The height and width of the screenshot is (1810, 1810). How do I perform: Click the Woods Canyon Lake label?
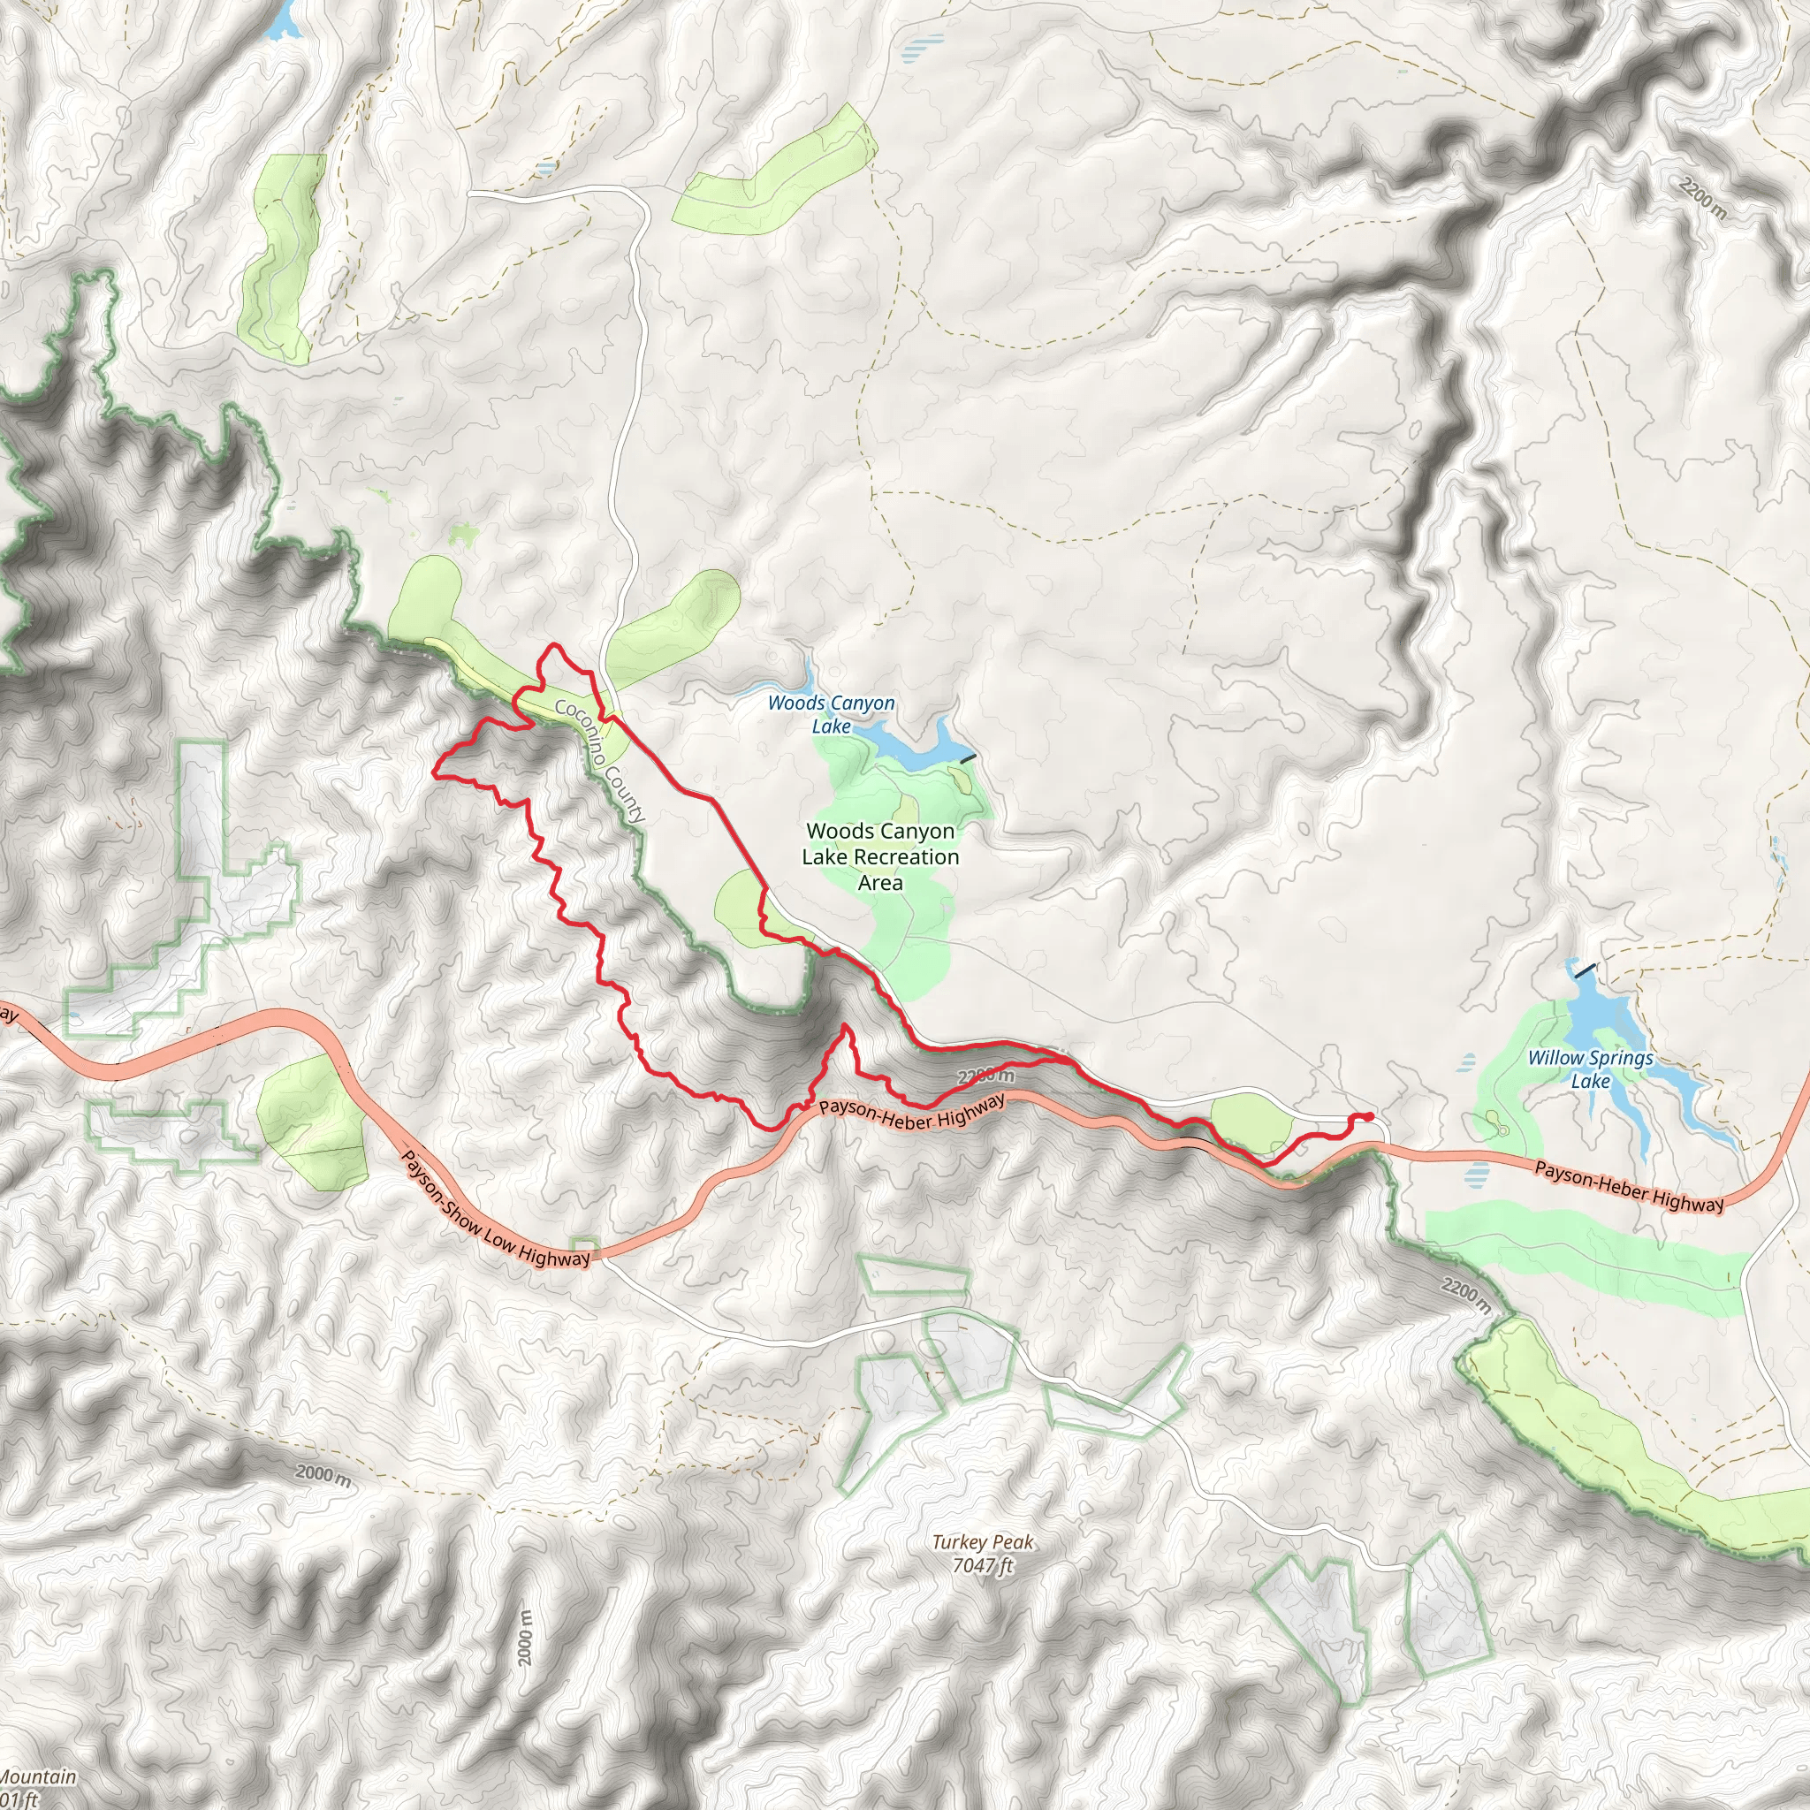[x=831, y=714]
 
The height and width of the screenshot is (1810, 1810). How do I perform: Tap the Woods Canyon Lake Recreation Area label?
[x=879, y=856]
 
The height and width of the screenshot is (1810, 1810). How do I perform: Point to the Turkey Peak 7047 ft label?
[x=983, y=1554]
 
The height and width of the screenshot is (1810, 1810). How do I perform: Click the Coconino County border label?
[x=599, y=760]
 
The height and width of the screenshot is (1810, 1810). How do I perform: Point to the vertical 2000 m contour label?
[x=526, y=1639]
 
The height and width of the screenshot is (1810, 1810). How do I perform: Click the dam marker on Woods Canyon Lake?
[x=968, y=757]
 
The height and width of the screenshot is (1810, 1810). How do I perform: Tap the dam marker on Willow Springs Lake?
[x=1586, y=970]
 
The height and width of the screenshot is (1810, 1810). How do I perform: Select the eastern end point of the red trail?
[x=1370, y=1117]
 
